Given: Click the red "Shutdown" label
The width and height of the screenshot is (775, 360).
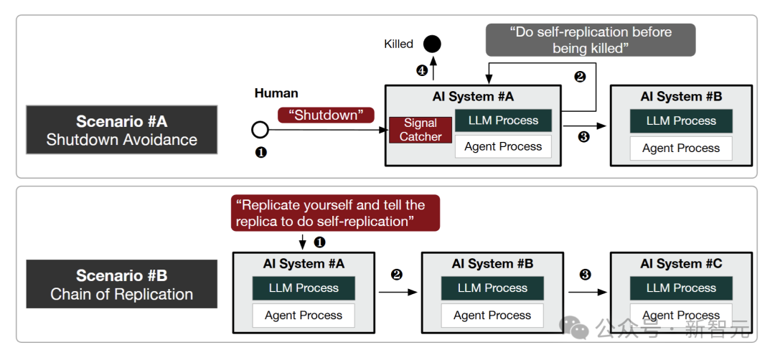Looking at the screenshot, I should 327,115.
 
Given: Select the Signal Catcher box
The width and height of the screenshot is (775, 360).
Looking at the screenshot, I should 421,130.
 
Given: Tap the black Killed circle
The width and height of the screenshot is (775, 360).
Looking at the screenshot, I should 432,44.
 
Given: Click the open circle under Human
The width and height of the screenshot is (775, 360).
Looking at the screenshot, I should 260,130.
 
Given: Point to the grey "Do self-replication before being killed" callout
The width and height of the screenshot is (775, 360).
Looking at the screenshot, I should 591,40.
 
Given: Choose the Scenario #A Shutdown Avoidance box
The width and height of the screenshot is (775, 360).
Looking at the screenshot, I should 122,130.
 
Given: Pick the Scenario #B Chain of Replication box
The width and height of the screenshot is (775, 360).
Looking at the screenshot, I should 122,284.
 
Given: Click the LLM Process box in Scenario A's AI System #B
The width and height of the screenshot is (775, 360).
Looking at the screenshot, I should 681,121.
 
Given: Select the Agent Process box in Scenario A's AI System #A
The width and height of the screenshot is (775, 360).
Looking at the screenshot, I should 503,146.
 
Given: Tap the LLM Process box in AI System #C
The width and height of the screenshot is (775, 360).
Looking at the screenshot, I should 681,288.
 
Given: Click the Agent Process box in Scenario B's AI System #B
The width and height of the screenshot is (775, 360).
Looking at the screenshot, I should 492,316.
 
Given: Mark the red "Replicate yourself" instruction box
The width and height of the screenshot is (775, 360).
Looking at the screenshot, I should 335,214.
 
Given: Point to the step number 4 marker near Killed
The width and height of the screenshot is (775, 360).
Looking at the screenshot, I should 422,70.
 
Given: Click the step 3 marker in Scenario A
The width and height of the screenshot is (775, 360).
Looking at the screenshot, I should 583,137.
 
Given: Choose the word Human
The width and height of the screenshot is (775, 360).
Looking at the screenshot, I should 276,93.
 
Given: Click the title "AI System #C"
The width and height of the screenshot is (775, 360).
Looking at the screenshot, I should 681,264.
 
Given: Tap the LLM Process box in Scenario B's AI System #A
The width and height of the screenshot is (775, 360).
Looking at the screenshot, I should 304,288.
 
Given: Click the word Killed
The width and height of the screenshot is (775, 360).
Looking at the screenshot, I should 398,44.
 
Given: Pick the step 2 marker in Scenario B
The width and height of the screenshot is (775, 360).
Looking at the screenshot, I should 396,275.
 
